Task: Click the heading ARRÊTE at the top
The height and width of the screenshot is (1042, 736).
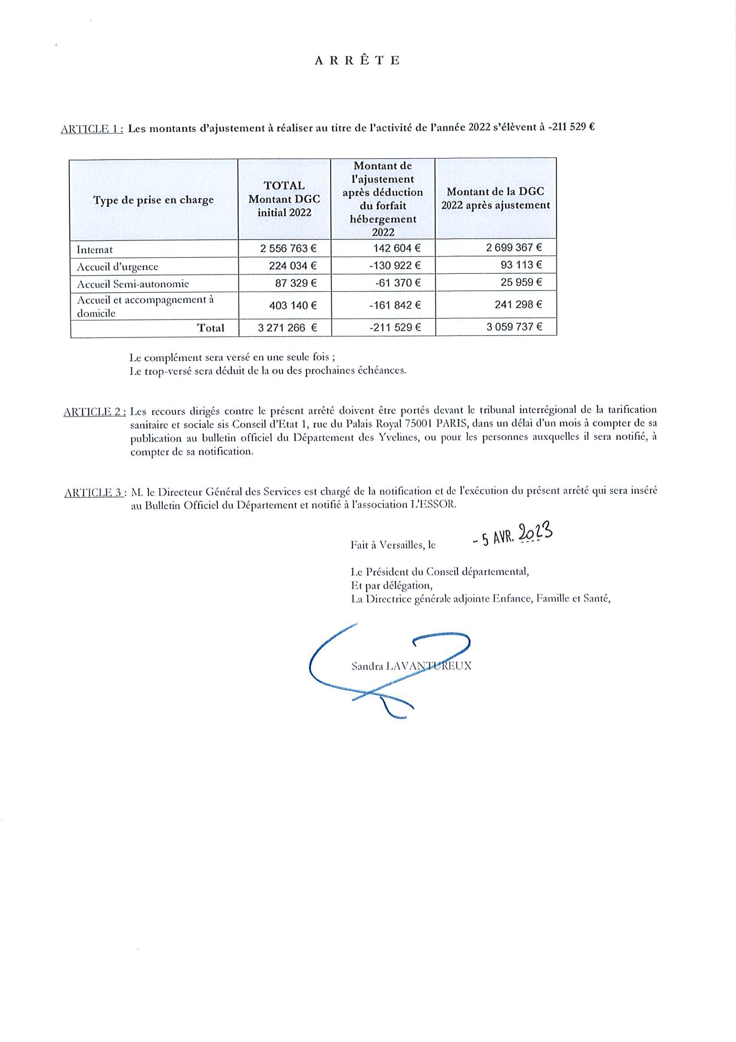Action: (357, 61)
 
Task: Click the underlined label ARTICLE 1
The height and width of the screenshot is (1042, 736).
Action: (92, 128)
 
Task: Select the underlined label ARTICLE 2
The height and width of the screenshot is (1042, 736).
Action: (94, 412)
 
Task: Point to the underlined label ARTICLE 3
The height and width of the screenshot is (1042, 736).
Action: (94, 493)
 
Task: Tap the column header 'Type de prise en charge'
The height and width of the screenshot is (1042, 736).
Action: (153, 200)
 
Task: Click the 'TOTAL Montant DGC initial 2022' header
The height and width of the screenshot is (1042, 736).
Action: (284, 199)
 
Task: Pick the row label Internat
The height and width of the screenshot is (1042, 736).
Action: (95, 249)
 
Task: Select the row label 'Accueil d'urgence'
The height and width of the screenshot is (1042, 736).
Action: (117, 266)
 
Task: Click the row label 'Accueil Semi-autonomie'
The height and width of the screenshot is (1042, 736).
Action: (133, 284)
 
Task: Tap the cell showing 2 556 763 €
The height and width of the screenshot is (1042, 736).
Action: (288, 249)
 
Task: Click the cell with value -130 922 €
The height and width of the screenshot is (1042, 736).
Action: (394, 266)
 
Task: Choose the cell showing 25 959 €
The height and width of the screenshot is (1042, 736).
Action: (521, 282)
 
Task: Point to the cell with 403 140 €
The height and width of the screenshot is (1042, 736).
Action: (293, 305)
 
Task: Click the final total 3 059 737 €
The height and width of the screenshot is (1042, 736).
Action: (514, 327)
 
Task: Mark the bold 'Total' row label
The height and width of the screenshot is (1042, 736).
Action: (211, 328)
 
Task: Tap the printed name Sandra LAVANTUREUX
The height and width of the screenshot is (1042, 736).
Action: (411, 666)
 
